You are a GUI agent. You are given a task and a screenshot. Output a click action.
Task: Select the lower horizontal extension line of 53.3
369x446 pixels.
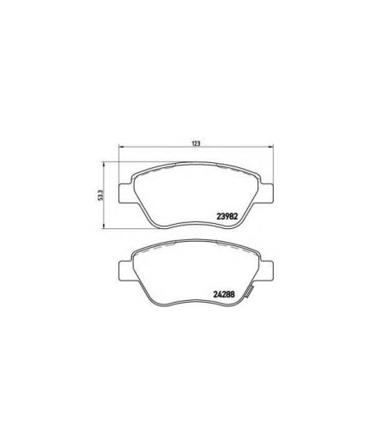click(120, 229)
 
